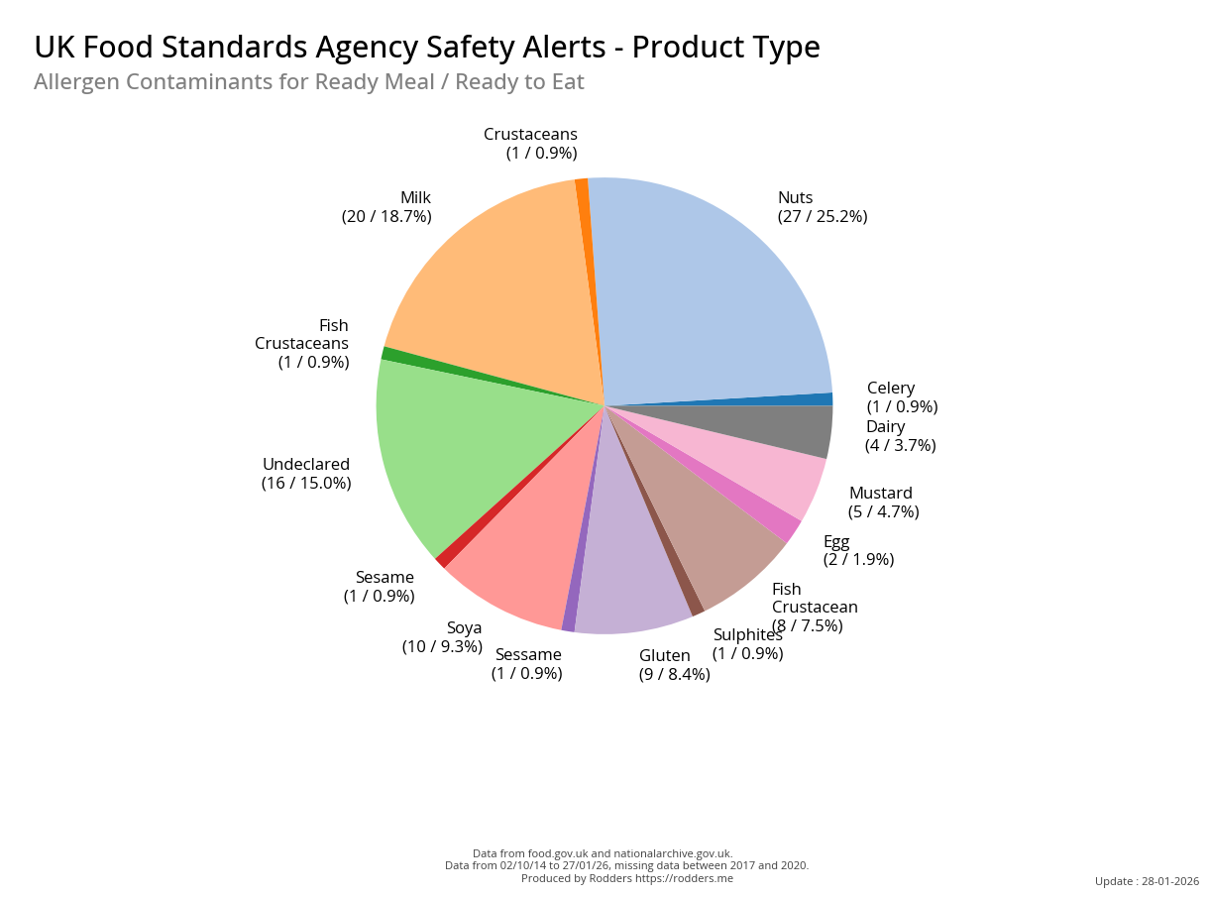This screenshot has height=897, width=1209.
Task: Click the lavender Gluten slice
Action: coord(629,575)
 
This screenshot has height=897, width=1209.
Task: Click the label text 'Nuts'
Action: coord(795,197)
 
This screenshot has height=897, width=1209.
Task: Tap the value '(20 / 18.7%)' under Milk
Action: coord(386,216)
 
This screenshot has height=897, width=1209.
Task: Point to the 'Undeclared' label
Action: coord(306,464)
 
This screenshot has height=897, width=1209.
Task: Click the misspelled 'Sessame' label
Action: coord(528,654)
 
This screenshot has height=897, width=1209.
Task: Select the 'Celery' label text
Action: coord(891,388)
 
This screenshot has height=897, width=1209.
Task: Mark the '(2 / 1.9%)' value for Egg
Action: coord(858,559)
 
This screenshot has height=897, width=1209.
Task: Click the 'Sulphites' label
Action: coord(747,634)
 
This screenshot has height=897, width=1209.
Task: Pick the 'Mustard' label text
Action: coord(881,493)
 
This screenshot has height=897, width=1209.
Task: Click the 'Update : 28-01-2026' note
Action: coord(1147,881)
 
